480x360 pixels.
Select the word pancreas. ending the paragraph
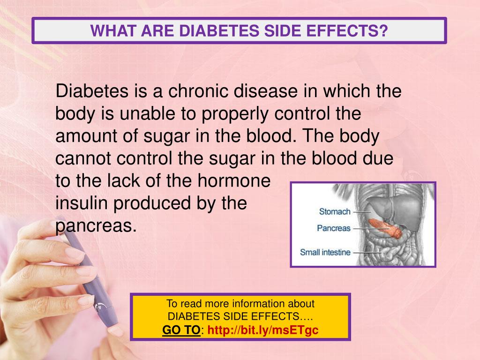point(96,226)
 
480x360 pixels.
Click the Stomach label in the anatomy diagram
point(335,211)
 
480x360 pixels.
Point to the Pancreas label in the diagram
point(334,229)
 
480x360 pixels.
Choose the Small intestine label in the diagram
point(325,252)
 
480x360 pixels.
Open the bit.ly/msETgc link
point(263,330)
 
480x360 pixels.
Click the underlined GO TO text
point(181,330)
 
